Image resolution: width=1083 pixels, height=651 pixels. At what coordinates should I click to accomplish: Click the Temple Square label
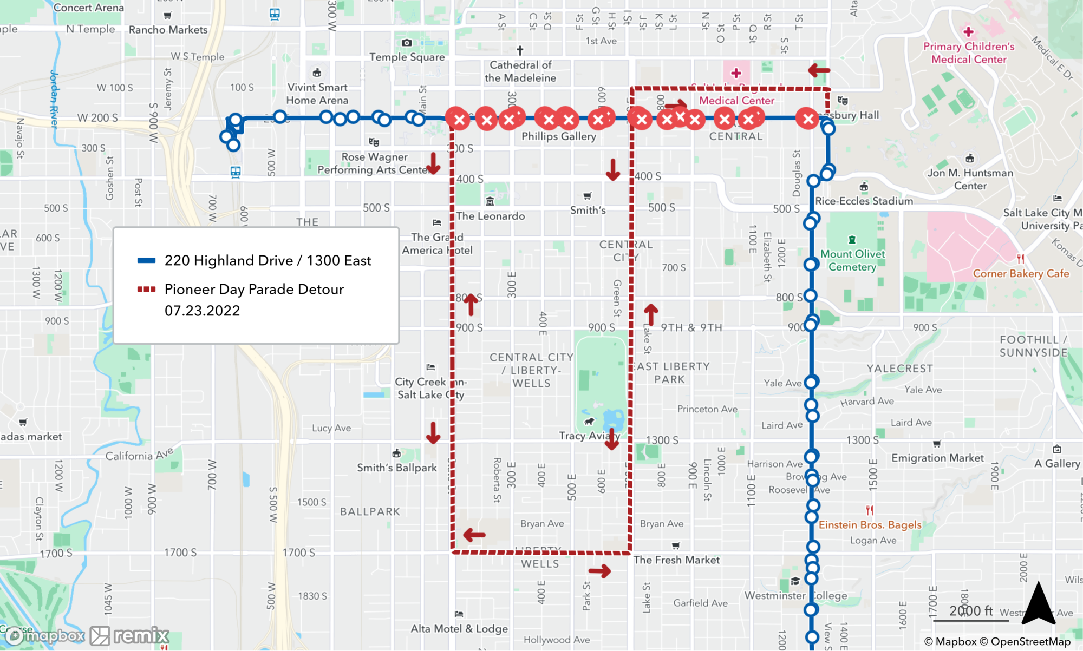407,57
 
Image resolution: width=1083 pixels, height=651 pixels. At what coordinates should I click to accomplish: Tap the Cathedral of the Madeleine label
520,71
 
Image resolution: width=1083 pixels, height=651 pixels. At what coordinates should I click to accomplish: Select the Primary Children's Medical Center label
969,53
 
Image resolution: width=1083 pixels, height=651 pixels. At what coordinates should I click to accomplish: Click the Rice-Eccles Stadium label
864,201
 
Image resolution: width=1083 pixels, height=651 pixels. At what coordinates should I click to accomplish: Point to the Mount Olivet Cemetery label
852,260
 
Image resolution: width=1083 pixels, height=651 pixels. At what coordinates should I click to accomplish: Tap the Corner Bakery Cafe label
1021,273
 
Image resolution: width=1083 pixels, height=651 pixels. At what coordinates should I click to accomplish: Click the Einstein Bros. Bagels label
870,524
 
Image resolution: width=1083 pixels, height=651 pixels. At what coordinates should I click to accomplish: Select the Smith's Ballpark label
396,468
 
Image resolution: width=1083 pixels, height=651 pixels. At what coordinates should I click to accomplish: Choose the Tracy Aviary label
589,436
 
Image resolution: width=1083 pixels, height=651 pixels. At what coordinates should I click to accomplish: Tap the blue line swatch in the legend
146,260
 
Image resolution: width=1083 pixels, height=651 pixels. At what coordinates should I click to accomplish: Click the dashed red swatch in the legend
146,289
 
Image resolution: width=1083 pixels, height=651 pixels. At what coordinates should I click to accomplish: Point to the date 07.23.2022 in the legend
202,311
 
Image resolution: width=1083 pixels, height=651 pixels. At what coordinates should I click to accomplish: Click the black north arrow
1039,603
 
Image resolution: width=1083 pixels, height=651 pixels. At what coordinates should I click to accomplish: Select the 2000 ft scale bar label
971,611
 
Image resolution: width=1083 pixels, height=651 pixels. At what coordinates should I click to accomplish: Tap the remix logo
129,636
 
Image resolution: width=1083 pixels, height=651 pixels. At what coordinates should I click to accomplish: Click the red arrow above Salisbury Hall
819,70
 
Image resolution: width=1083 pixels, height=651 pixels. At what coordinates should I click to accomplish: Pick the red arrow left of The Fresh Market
599,571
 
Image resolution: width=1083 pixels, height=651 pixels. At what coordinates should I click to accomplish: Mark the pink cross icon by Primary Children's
968,32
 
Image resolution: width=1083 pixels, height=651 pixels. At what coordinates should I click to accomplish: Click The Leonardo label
490,216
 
